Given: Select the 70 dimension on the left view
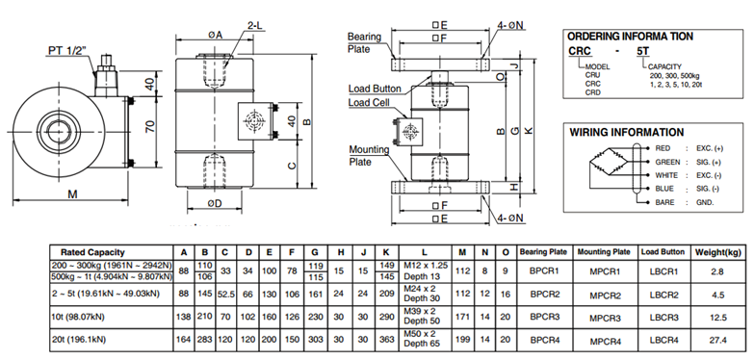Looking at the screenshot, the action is point(150,127).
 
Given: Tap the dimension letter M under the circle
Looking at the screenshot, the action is point(72,194).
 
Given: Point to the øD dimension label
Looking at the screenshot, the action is point(215,203).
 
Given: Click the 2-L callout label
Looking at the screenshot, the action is point(255,26).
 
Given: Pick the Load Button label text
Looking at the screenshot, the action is point(375,89).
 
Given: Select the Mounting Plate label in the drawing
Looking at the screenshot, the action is point(369,156).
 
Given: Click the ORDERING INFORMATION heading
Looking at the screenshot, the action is point(631,37).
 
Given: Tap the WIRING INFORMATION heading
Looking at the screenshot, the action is point(627,132).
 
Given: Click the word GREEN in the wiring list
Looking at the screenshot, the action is point(668,162).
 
